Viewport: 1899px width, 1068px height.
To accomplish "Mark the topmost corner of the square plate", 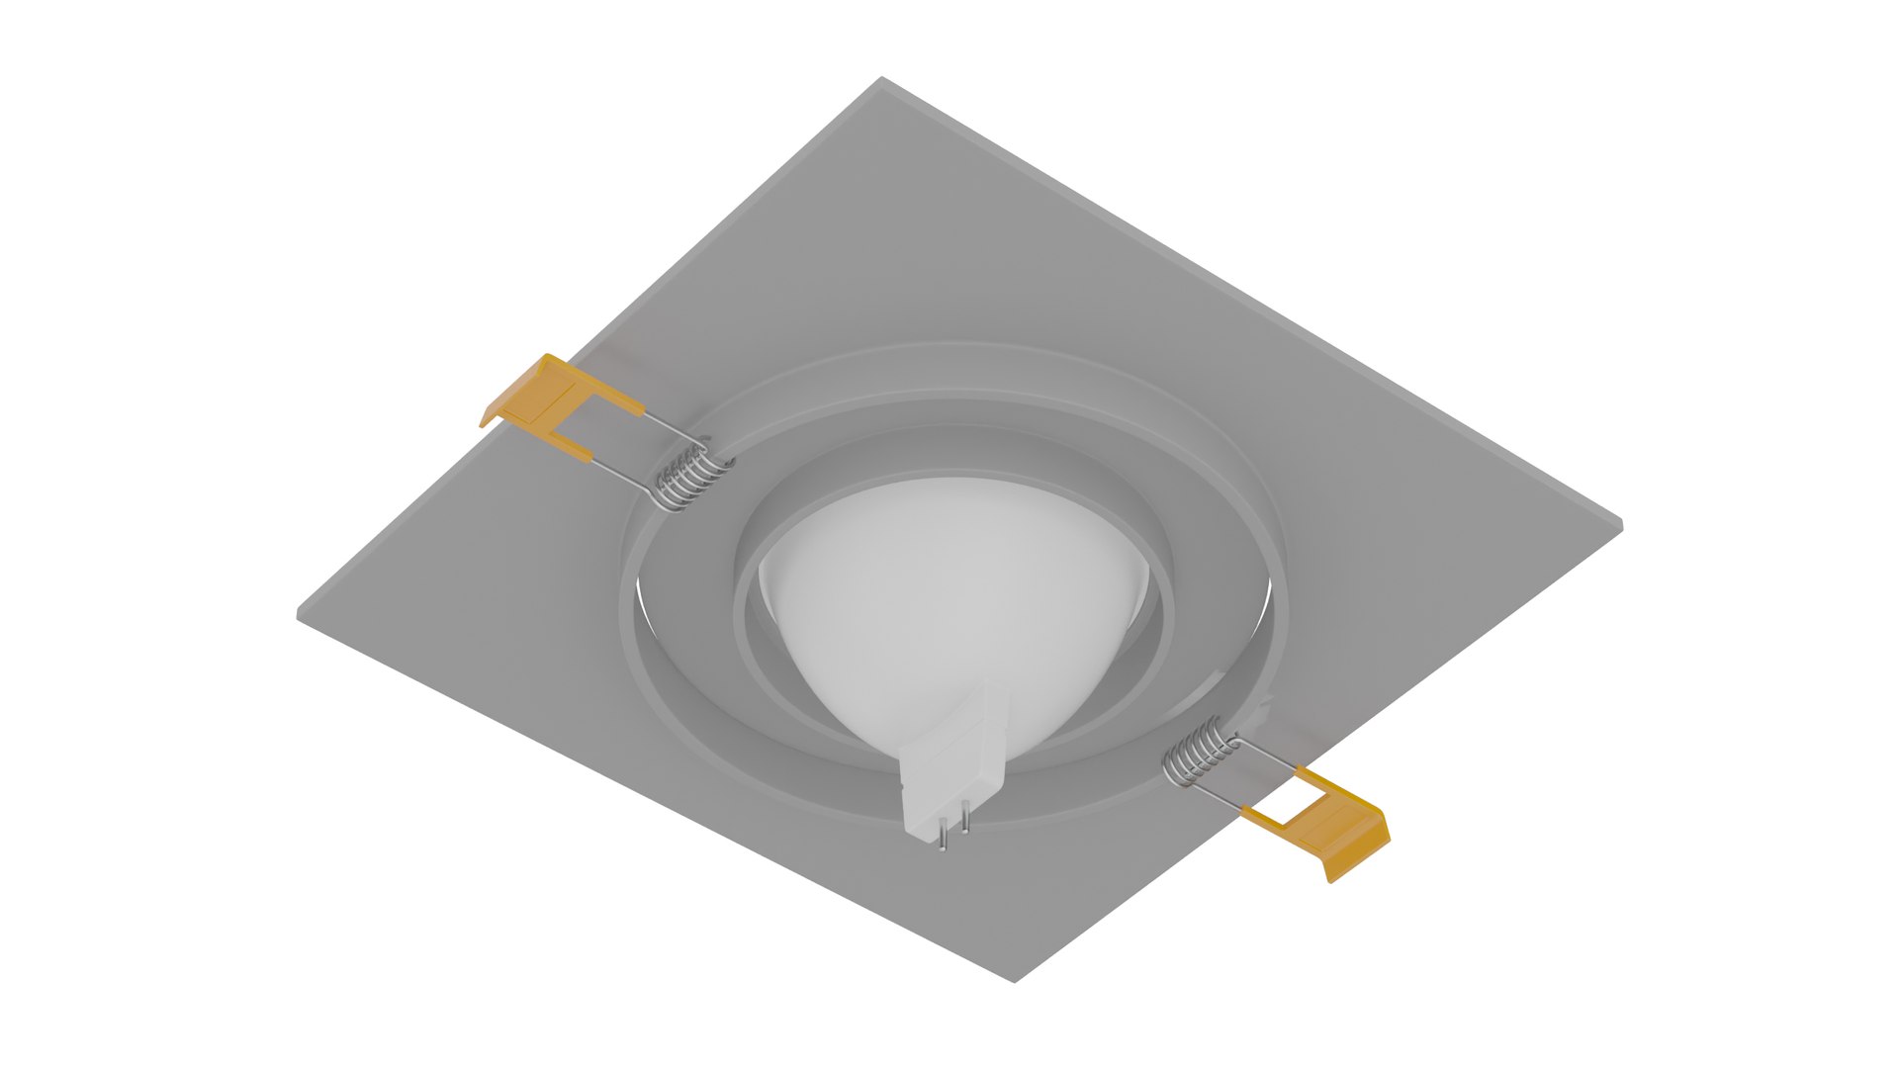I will (881, 78).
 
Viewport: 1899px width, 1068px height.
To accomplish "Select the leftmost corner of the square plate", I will (299, 615).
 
